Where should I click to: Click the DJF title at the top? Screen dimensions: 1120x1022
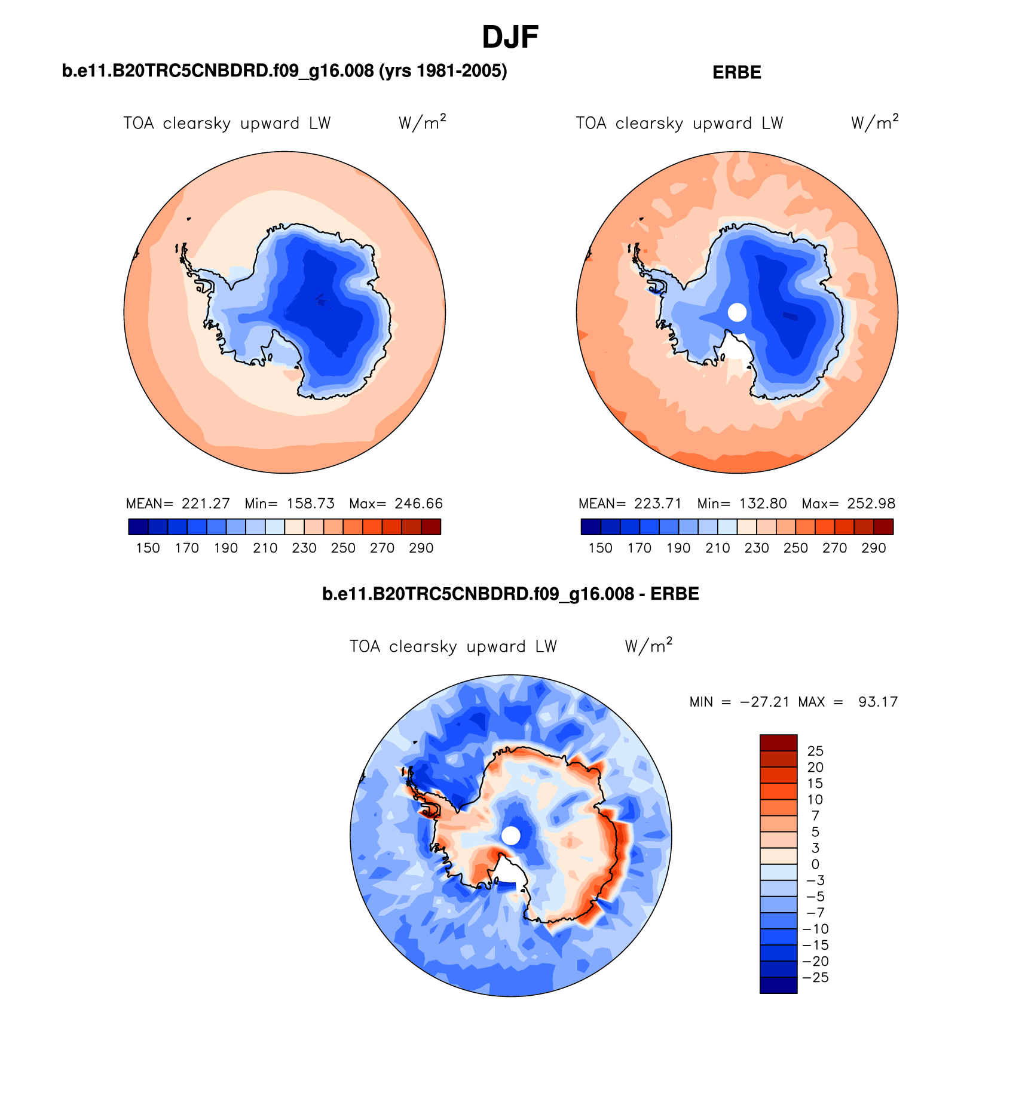click(x=510, y=38)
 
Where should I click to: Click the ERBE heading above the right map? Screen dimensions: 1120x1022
click(x=736, y=73)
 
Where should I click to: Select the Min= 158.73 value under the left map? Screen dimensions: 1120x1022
click(x=290, y=504)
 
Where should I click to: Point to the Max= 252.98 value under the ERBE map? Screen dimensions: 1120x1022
click(x=849, y=504)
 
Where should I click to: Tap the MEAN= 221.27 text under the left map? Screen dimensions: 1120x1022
click(x=178, y=504)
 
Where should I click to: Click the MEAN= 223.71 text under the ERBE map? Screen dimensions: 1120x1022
click(x=630, y=504)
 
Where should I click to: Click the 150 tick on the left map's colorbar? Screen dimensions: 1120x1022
click(x=148, y=548)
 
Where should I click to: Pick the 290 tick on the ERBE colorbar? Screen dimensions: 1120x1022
click(x=873, y=548)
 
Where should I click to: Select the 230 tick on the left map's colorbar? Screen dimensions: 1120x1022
click(x=304, y=548)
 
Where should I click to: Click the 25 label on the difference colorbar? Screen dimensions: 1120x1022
click(x=815, y=751)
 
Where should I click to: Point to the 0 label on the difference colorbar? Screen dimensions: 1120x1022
click(x=815, y=864)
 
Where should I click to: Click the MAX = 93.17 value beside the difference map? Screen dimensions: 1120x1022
click(x=848, y=702)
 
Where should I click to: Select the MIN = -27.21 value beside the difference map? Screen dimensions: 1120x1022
click(x=739, y=702)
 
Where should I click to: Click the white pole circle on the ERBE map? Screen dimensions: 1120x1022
click(x=737, y=312)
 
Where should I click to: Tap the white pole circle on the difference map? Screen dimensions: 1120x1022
click(x=511, y=835)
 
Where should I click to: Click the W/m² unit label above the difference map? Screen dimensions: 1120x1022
click(x=648, y=646)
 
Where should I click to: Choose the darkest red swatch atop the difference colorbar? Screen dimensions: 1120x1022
click(x=778, y=742)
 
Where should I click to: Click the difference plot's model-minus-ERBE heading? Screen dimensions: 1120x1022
click(x=510, y=594)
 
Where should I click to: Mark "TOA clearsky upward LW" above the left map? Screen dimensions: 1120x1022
click(x=227, y=124)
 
